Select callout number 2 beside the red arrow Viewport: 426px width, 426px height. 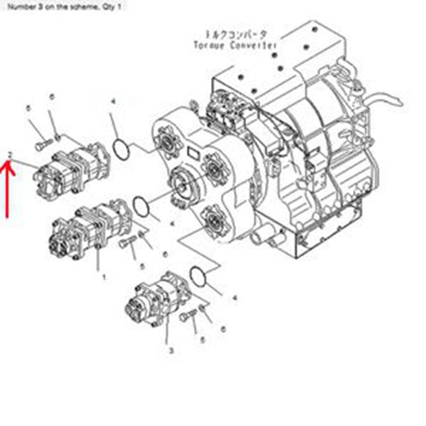tap(10, 154)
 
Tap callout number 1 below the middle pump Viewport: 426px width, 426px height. tap(103, 277)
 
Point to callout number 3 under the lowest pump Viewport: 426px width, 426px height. tap(170, 351)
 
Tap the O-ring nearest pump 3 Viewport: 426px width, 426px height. tap(197, 277)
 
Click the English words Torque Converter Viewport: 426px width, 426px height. tap(235, 44)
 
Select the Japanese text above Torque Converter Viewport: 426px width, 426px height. tap(234, 34)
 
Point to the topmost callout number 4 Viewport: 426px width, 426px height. tap(113, 102)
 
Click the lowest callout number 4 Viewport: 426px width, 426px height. tap(235, 297)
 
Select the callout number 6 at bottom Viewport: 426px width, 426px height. tap(223, 329)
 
